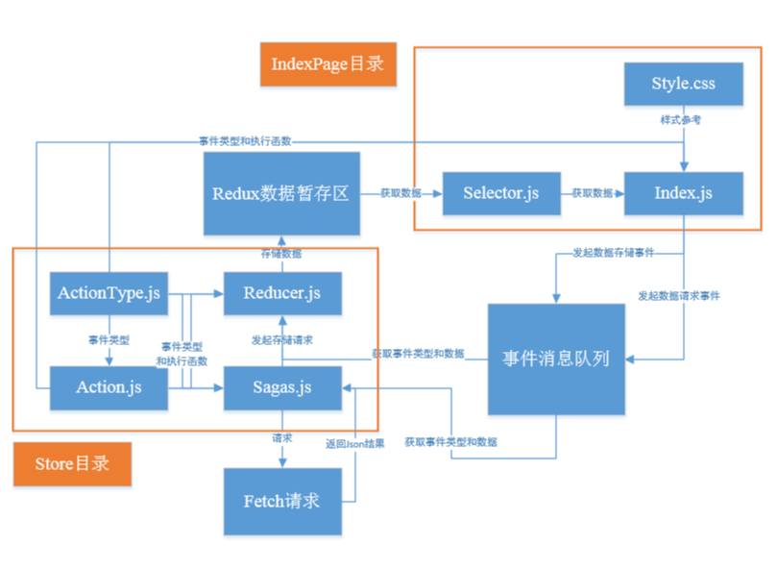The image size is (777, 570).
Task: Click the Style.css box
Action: click(683, 84)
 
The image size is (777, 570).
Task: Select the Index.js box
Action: click(683, 193)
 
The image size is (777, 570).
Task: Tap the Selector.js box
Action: click(500, 193)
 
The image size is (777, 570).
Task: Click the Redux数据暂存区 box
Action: click(280, 193)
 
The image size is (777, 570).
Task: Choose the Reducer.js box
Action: click(282, 292)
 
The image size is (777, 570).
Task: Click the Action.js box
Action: click(109, 387)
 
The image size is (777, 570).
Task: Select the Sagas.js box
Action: click(282, 387)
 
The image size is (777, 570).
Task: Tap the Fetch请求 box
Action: click(282, 501)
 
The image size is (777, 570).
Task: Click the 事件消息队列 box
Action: click(556, 359)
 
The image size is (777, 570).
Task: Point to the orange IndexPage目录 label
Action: click(328, 64)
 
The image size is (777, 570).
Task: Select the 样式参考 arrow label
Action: click(684, 119)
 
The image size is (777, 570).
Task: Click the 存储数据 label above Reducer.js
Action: click(280, 254)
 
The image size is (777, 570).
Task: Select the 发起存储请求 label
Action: click(281, 339)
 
